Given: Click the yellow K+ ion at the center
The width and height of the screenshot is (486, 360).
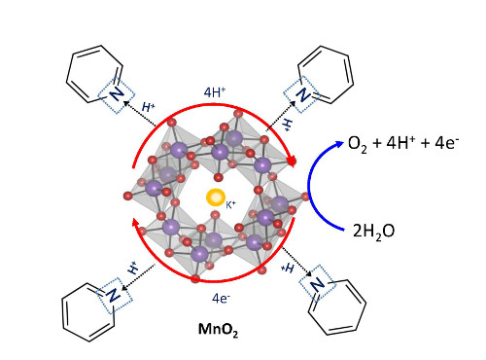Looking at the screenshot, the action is pos(214,198).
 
